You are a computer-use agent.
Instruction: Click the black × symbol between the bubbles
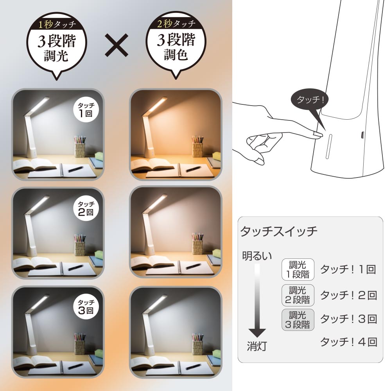click(117, 45)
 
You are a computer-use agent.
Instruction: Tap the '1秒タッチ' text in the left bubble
click(57, 24)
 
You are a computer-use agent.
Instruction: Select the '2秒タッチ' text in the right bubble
click(176, 24)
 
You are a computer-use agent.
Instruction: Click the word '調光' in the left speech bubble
click(56, 56)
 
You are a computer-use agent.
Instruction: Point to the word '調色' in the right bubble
click(176, 55)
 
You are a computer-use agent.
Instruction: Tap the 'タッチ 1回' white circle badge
click(86, 109)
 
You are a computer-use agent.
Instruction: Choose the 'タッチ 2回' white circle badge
click(86, 208)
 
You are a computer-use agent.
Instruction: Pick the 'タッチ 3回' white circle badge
click(86, 307)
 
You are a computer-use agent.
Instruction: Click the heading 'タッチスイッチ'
click(279, 231)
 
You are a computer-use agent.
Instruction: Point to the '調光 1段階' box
click(298, 269)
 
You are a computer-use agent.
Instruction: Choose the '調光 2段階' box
click(298, 295)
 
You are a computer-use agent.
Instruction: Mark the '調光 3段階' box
click(298, 320)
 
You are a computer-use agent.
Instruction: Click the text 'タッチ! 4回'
click(349, 342)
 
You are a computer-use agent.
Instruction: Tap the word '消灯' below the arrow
click(257, 346)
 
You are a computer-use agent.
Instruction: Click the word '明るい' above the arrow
click(257, 256)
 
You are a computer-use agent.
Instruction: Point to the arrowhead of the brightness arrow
click(257, 333)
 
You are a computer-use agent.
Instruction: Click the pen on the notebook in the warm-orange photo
click(193, 169)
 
